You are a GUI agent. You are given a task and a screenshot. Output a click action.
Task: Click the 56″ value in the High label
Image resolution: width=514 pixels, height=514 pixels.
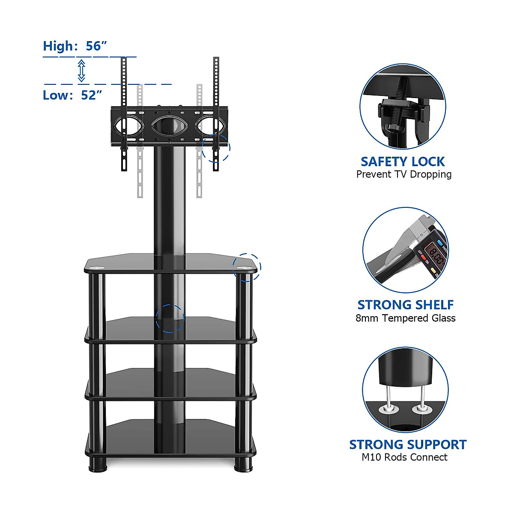click(x=96, y=46)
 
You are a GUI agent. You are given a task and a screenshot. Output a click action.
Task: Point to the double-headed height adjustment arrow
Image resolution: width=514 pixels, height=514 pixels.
click(x=81, y=71)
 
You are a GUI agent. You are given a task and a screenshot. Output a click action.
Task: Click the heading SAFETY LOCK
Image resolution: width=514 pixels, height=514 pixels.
click(x=403, y=161)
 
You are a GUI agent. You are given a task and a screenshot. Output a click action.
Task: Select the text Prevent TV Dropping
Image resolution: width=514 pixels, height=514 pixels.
click(x=404, y=174)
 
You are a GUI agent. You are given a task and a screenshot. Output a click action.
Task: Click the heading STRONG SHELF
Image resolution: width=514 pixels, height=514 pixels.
click(x=405, y=305)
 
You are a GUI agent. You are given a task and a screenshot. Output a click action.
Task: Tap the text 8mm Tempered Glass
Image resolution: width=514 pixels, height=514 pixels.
click(x=405, y=318)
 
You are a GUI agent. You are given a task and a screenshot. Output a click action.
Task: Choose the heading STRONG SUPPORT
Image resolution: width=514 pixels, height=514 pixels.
click(x=407, y=444)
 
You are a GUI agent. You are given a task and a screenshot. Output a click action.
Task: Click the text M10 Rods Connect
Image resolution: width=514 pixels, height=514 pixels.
click(x=404, y=457)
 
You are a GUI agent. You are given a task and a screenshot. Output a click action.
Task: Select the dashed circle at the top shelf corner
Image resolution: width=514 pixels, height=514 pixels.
click(x=247, y=267)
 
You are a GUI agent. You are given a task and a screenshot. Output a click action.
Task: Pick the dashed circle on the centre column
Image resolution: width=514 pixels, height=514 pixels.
click(x=170, y=319)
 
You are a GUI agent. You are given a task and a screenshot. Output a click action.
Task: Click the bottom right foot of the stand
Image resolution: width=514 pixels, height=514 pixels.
click(x=243, y=464)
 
